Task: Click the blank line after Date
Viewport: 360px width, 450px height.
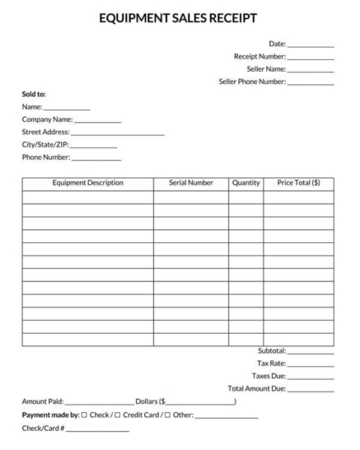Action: [311, 45]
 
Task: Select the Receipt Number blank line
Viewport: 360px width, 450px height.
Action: [311, 58]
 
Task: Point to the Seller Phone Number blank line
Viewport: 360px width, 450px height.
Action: [311, 83]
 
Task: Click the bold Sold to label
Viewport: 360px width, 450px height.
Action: [34, 93]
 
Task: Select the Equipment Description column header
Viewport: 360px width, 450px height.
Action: [87, 182]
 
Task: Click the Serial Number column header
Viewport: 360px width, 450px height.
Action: [190, 182]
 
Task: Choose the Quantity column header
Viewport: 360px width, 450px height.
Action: [246, 182]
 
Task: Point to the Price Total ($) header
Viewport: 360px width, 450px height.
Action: [298, 182]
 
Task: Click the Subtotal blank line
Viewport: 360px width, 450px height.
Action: [311, 352]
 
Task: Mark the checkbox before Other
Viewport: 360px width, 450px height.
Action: [168, 415]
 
